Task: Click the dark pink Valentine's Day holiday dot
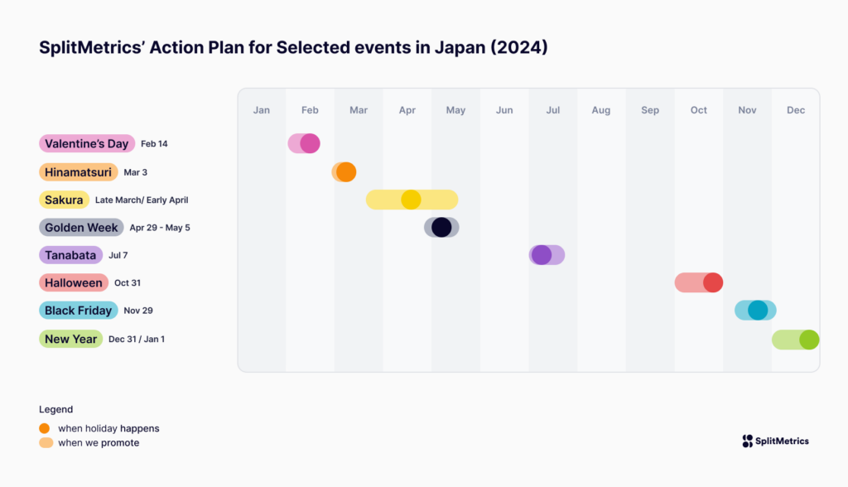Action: pos(310,143)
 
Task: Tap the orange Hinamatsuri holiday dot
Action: pos(346,172)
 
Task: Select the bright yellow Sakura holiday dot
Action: pos(411,200)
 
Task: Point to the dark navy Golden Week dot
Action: pos(441,227)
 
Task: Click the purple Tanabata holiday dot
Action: pos(542,255)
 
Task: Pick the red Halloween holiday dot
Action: pos(713,282)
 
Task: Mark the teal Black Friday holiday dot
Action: pos(758,310)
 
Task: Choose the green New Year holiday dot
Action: pos(809,340)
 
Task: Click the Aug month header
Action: pos(601,110)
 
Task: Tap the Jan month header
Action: pos(262,110)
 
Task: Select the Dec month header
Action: pos(796,110)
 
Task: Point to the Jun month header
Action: pos(504,110)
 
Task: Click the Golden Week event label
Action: pos(81,227)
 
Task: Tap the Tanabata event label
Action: pos(70,255)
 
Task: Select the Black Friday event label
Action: pos(78,311)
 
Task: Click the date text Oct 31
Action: pos(128,283)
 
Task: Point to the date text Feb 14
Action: pos(154,144)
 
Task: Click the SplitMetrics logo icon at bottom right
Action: pos(748,441)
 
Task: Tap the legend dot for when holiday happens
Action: pos(45,428)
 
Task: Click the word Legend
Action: pos(55,409)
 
